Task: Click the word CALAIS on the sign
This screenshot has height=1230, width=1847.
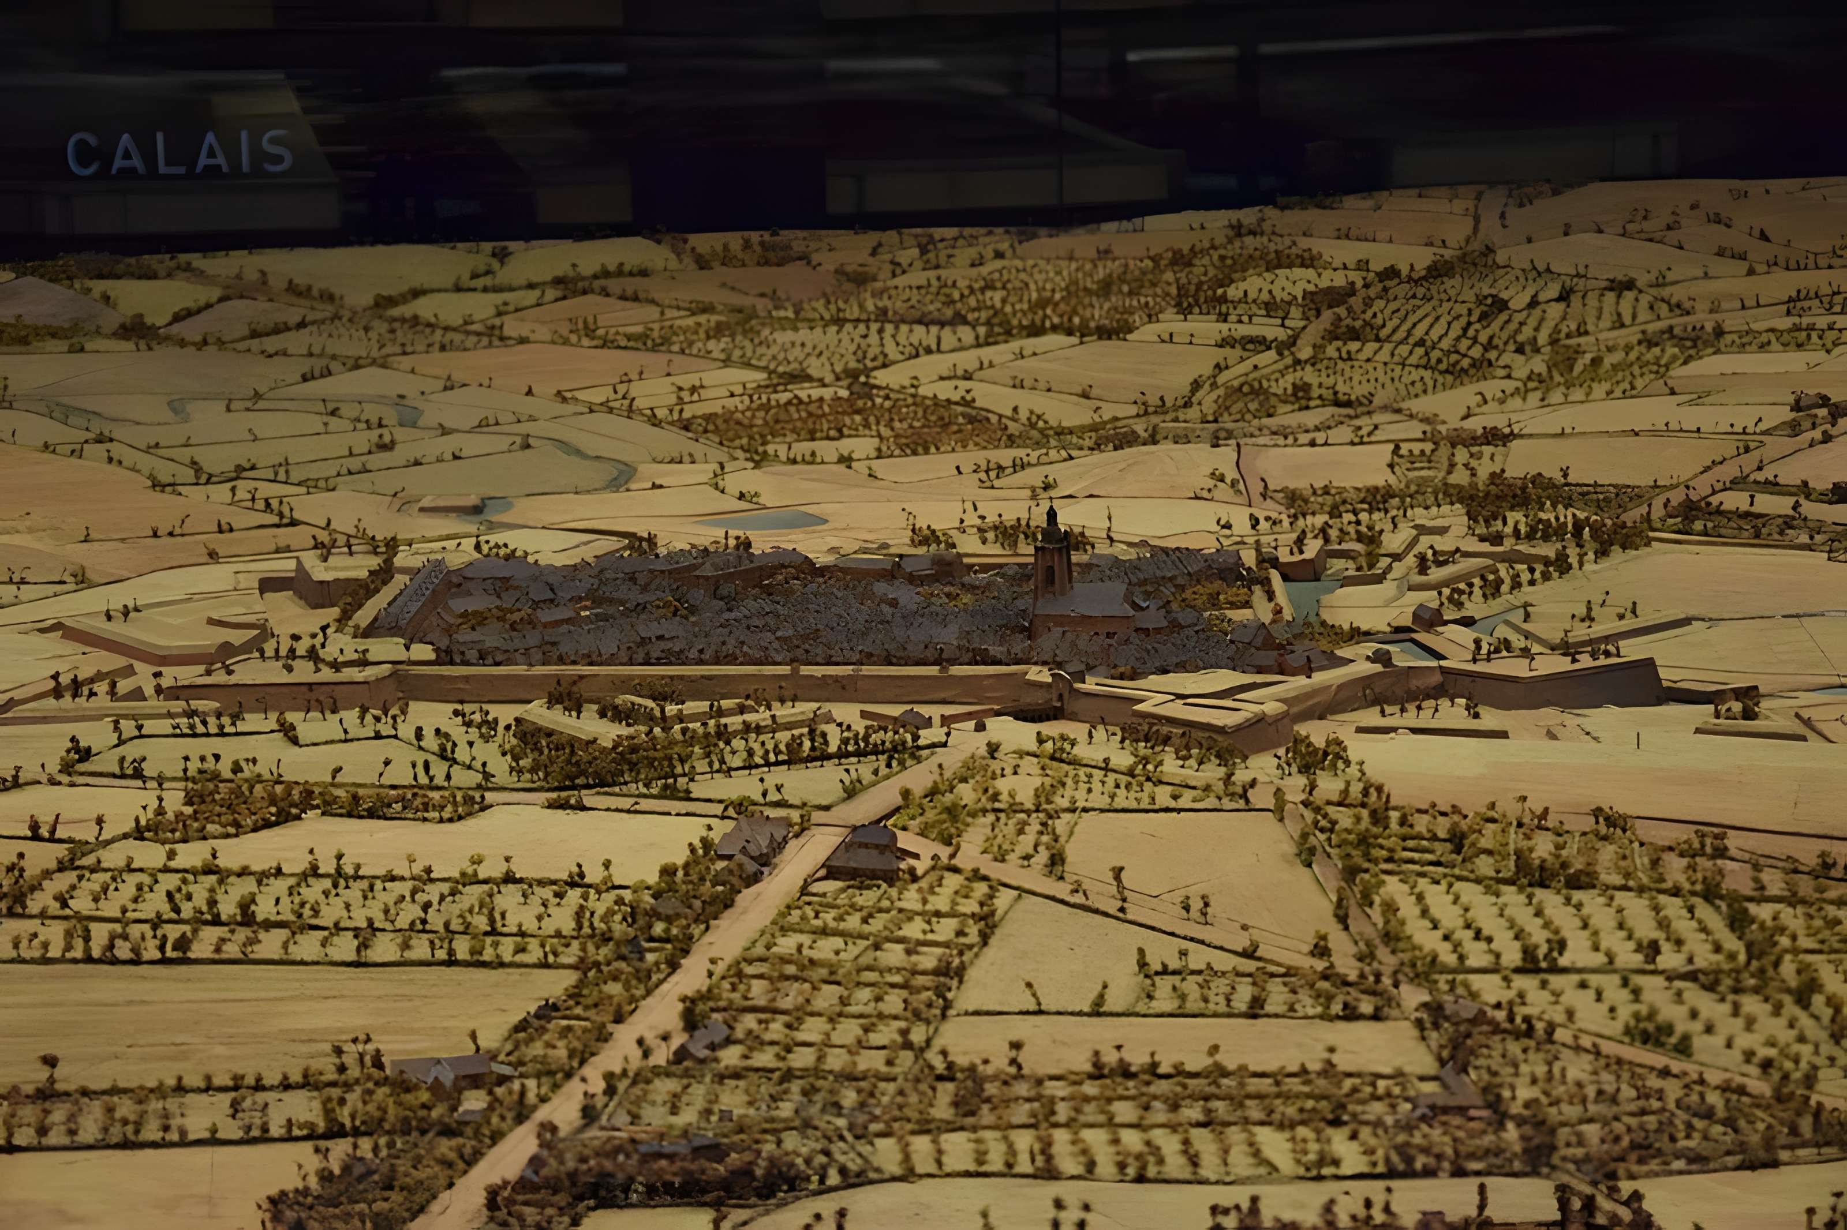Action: point(180,152)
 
